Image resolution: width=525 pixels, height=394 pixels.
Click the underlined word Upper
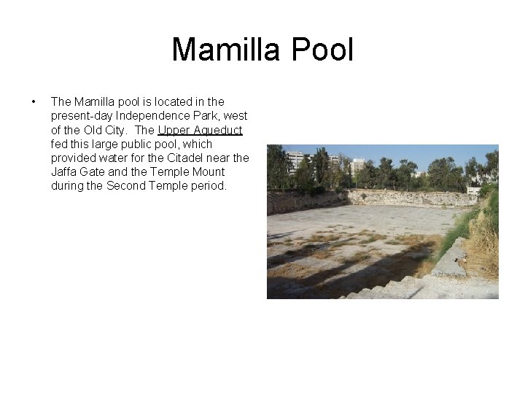point(173,130)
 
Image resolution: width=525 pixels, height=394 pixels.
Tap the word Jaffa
point(66,171)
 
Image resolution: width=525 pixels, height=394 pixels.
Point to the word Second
point(127,185)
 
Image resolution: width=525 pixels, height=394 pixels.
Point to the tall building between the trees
point(358,166)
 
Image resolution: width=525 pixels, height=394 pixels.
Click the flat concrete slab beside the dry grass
point(450,258)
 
